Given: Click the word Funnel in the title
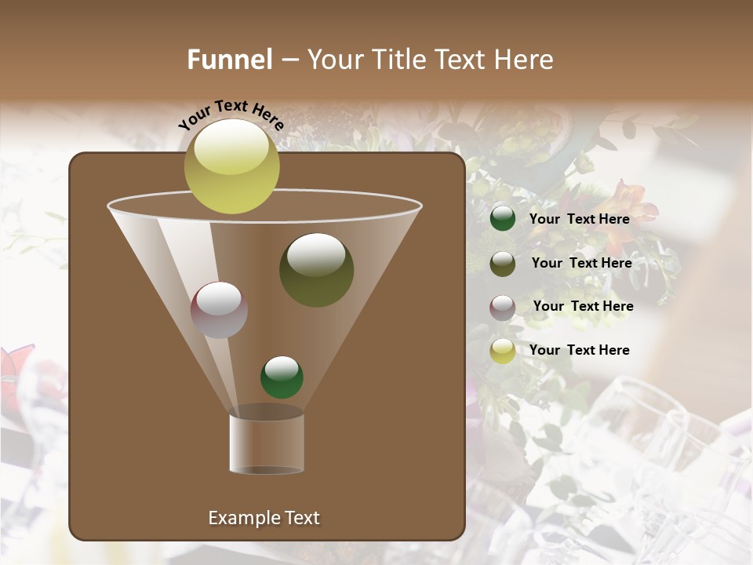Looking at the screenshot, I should [229, 60].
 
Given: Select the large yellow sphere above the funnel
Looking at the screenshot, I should [231, 166].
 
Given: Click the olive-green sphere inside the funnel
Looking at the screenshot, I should [316, 269].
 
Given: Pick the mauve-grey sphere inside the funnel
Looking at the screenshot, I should [219, 309].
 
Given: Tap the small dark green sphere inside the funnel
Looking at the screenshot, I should [282, 377].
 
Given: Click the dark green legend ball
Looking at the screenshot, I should [503, 218].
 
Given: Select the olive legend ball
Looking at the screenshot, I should [503, 263].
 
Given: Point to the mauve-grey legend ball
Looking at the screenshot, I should [503, 307].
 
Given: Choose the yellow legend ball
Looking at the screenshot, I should [503, 351].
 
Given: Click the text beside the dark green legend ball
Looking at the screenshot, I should [579, 219].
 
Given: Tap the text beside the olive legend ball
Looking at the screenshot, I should [581, 263].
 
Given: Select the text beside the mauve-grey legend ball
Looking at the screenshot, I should [583, 306].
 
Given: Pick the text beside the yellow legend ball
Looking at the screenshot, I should [579, 350].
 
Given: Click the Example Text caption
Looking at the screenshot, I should [264, 518].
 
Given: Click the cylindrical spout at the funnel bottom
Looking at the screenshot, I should [267, 443].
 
